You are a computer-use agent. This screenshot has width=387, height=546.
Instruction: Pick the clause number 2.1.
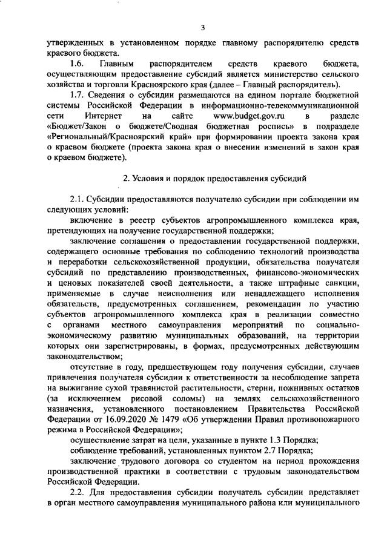pos(78,199)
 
